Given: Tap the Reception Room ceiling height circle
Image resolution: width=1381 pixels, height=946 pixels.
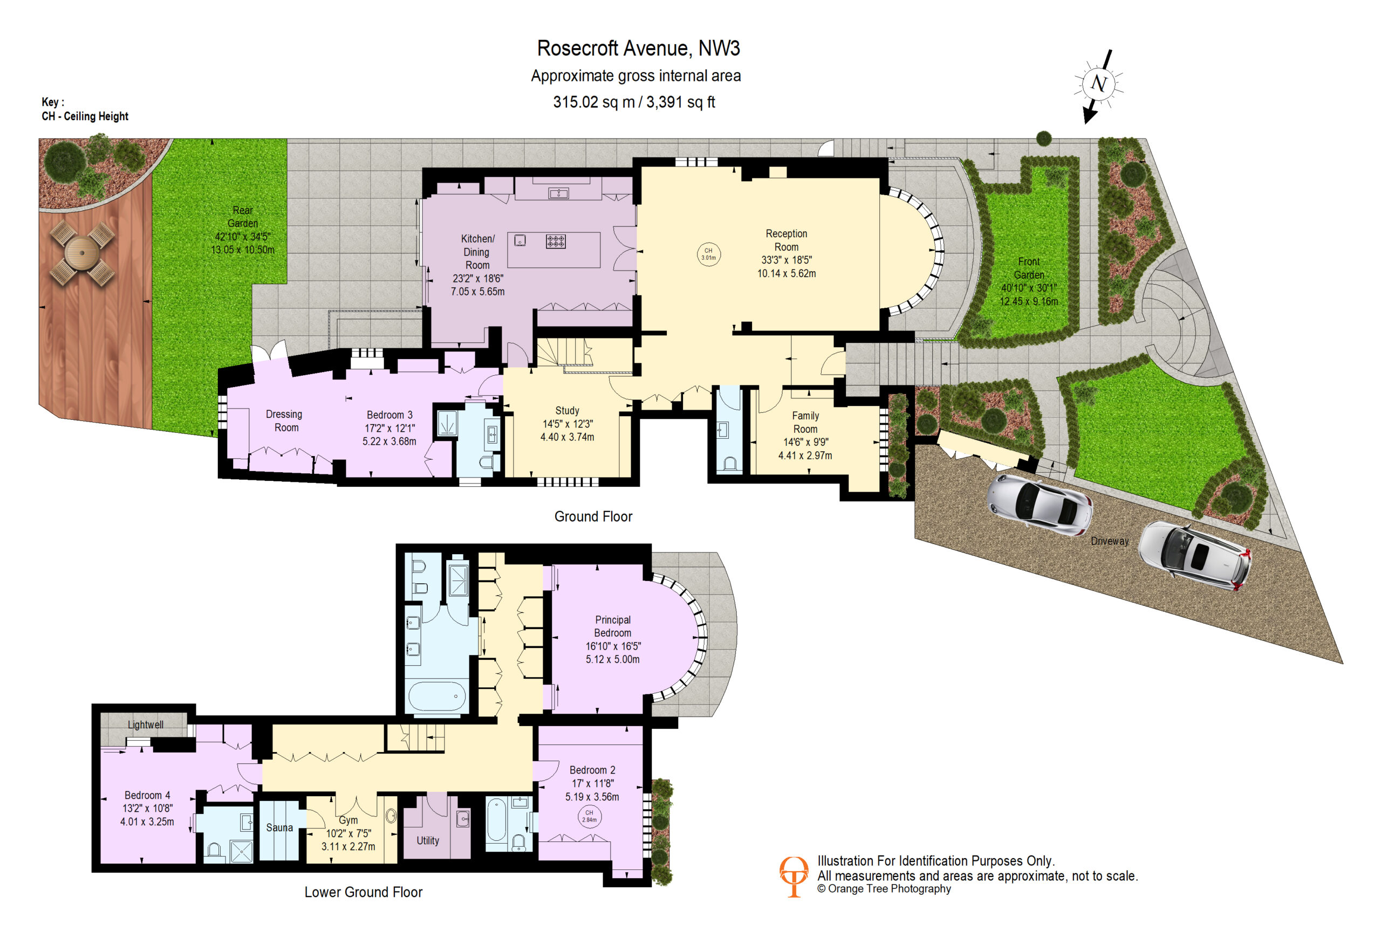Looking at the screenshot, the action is (x=708, y=254).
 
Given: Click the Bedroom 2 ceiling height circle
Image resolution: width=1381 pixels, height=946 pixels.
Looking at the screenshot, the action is (x=589, y=816).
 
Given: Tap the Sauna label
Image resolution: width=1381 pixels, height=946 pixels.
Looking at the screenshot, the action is (x=279, y=828).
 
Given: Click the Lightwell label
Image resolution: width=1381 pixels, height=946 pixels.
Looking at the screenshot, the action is (x=146, y=724).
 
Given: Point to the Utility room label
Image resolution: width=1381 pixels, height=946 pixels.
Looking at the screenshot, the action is (x=428, y=841).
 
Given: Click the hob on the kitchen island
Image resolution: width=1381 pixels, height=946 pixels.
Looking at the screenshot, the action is (x=556, y=241).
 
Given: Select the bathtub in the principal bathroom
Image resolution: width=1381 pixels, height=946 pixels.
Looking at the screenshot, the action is (x=436, y=696).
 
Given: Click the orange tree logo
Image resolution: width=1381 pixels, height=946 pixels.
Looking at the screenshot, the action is (x=794, y=876).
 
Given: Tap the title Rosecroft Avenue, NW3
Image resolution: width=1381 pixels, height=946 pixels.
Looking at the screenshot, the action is (x=638, y=48).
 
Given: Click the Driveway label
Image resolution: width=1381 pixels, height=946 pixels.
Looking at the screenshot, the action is (x=1110, y=541).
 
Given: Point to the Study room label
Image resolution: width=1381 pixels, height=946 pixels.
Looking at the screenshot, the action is (x=568, y=410).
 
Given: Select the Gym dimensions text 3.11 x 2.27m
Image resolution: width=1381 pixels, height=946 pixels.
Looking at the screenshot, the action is (x=348, y=847).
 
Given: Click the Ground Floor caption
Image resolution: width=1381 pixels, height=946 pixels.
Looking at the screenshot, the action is (x=593, y=516).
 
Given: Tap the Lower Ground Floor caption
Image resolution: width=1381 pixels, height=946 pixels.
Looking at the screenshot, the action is (x=364, y=892).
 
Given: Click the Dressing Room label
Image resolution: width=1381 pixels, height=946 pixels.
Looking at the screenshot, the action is (x=285, y=420).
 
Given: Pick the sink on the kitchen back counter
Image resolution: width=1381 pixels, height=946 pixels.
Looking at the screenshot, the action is (x=558, y=193).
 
